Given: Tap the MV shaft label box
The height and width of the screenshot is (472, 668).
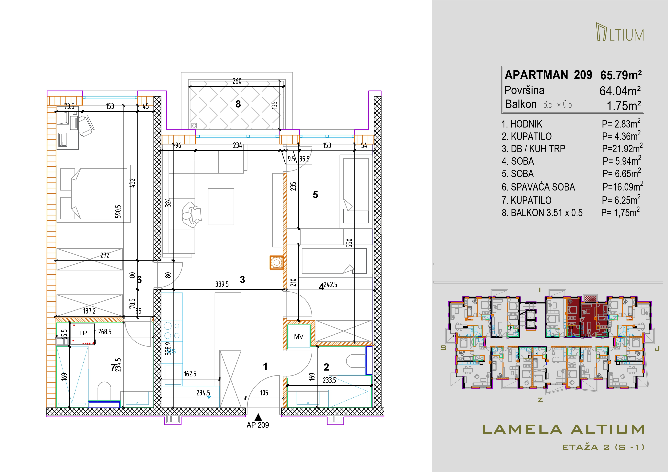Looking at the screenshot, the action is pos(298,336).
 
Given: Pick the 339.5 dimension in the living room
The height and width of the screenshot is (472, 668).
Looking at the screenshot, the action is pos(222,284).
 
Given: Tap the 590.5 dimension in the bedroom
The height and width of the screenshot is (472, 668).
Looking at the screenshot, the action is pos(118,211).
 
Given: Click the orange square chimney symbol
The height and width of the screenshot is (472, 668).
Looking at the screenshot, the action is pos(276,263).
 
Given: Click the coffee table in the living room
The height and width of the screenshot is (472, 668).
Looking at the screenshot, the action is pos(221,206).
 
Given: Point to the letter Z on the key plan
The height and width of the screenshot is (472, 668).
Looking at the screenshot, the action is pos(540,400).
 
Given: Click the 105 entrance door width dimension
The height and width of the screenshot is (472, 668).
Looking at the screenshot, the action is pos(264,393).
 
